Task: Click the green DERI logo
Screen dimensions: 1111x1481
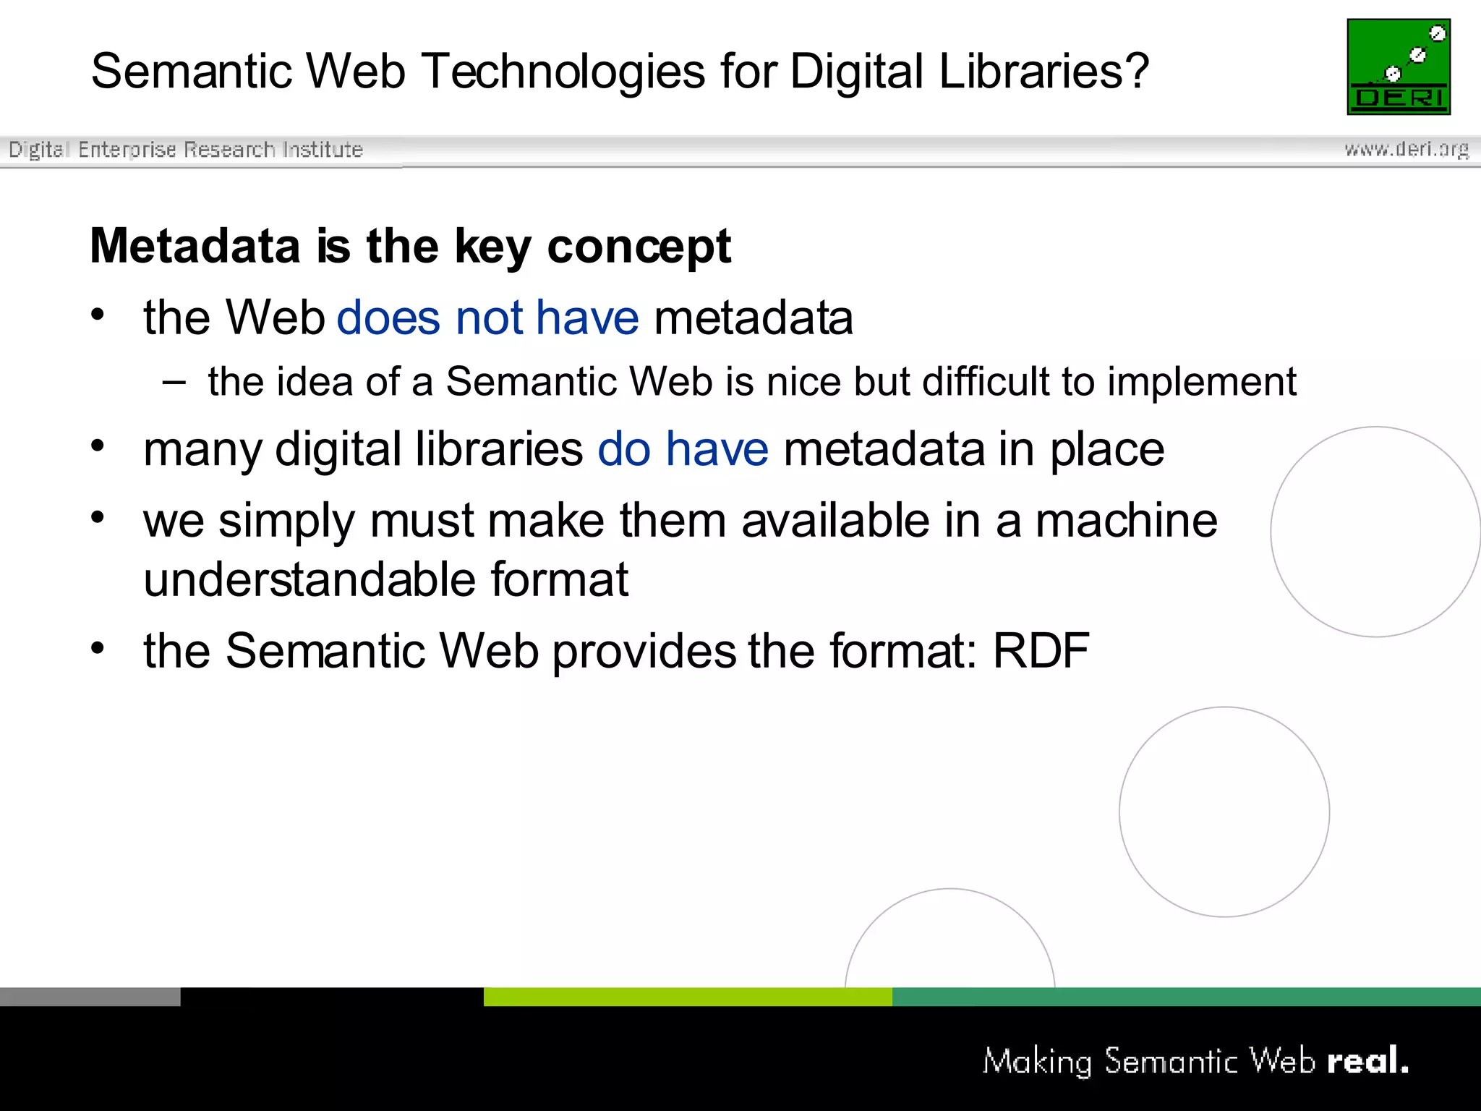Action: [x=1399, y=67]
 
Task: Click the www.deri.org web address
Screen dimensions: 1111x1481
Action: [x=1407, y=149]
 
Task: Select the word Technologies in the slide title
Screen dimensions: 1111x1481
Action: [x=563, y=72]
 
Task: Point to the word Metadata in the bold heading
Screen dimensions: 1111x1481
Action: [x=195, y=246]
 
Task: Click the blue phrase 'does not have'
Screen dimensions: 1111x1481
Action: [x=487, y=318]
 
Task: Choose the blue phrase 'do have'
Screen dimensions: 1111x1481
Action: [x=683, y=449]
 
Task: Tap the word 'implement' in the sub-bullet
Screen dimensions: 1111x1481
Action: [x=1202, y=381]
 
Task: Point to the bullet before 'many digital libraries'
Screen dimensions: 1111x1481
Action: [x=98, y=446]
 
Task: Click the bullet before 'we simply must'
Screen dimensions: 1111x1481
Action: [x=98, y=516]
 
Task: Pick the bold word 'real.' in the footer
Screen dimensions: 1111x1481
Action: [x=1367, y=1061]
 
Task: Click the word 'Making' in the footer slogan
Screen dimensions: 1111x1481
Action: [x=1037, y=1062]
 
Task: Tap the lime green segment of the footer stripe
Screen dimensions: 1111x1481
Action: [x=687, y=997]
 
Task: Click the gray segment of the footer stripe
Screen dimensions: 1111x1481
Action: [x=90, y=997]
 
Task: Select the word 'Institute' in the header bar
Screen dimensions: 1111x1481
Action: [x=323, y=149]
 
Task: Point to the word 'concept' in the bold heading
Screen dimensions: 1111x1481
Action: [x=639, y=246]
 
